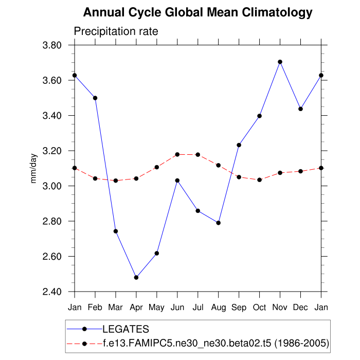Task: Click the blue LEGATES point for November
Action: (x=280, y=62)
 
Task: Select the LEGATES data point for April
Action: (x=136, y=278)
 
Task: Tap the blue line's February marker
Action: (x=95, y=98)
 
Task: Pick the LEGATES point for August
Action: (x=219, y=223)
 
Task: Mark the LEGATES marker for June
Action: (x=177, y=181)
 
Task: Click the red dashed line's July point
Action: (x=198, y=155)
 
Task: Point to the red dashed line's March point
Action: (x=116, y=181)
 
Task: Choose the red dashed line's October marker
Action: (x=260, y=179)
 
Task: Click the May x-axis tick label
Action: (x=157, y=307)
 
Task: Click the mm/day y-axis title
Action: (x=34, y=168)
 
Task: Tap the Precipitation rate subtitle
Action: (x=116, y=31)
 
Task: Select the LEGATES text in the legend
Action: (x=125, y=329)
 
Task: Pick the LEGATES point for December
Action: (x=301, y=109)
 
